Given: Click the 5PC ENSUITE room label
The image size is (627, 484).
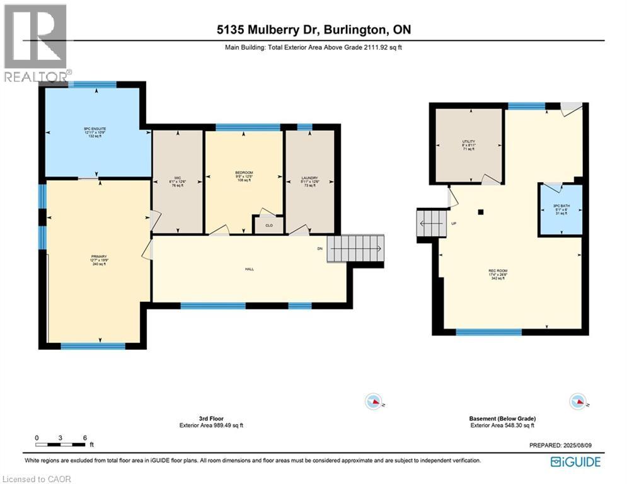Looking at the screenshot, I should point(95,132).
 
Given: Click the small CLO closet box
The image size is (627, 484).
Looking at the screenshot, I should point(268,225).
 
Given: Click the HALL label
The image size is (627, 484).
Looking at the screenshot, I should point(250,268).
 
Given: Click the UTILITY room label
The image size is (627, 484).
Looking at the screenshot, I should point(468,145).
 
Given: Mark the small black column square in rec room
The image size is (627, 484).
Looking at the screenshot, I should point(481,212).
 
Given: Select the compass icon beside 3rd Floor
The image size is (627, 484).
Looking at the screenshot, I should point(374,401).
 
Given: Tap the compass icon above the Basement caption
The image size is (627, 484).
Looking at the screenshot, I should point(577,401).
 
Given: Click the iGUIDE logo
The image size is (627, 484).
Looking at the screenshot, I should point(575,462).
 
